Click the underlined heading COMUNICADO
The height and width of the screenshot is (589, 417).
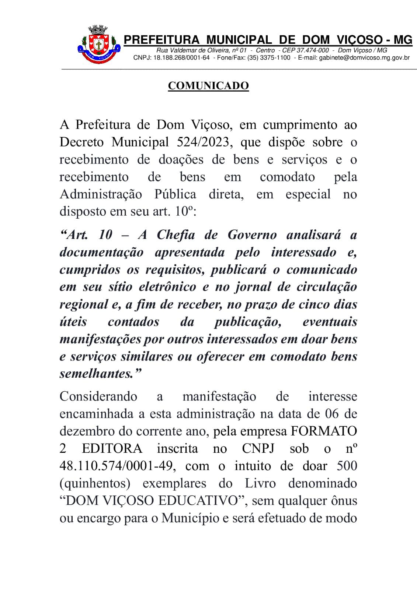(208, 86)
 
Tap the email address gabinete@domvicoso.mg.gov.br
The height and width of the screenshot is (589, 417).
(364, 58)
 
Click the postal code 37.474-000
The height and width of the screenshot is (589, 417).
(313, 50)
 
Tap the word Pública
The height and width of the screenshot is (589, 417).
(175, 194)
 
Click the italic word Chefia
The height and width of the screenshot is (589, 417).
(176, 235)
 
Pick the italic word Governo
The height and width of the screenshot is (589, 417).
(252, 235)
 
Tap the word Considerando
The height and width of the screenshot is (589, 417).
(98, 396)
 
